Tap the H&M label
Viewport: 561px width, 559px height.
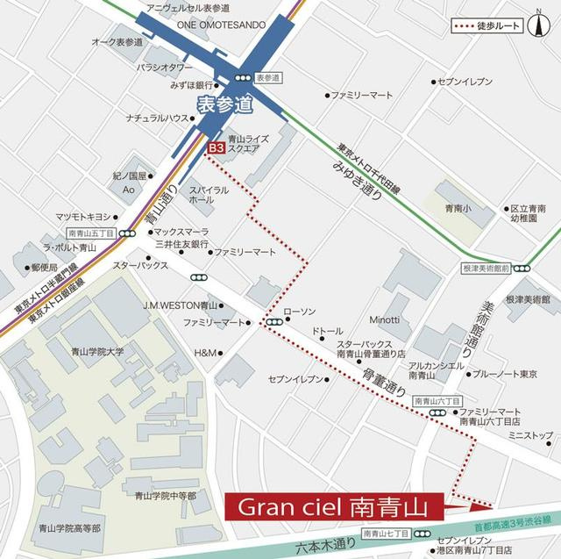[204, 353]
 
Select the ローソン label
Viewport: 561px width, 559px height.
[299, 312]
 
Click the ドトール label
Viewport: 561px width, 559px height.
[328, 331]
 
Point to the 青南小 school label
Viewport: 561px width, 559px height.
[458, 210]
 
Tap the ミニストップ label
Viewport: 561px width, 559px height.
[530, 434]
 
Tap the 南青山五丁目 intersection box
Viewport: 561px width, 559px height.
[91, 234]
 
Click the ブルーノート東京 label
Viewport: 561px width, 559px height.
[505, 374]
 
